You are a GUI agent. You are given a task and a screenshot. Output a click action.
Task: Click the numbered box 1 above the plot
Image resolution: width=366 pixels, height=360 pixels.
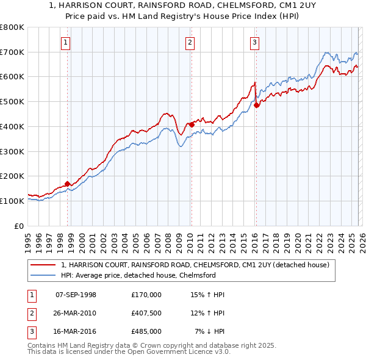(65, 42)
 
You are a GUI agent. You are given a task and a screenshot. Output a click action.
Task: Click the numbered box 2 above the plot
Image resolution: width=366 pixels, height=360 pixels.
(190, 42)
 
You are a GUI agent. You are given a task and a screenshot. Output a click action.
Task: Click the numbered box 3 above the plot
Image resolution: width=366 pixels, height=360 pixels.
(254, 42)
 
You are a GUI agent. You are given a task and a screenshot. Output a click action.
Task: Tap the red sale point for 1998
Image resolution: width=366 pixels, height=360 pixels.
(67, 183)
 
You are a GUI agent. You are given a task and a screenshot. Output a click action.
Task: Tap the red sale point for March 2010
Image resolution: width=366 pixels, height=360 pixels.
(192, 124)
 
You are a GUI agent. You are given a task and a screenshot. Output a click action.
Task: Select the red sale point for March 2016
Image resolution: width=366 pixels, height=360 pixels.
(256, 105)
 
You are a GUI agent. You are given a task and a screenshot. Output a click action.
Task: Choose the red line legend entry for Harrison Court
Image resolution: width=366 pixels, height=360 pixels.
(195, 265)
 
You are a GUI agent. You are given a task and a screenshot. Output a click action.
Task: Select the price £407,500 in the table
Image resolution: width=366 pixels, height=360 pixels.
(146, 313)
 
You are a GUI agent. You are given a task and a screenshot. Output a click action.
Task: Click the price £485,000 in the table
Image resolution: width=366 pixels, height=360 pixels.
(146, 331)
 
